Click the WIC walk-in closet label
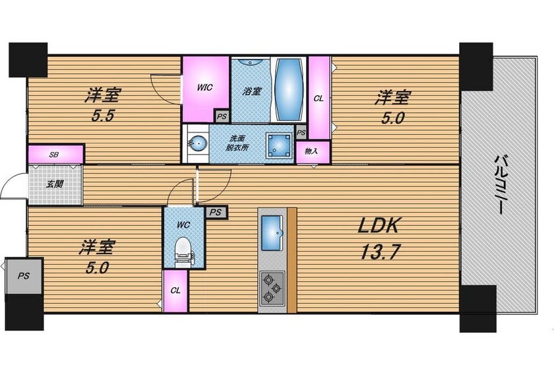click(204, 87)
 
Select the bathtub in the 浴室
click(289, 89)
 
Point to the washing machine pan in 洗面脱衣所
click(279, 145)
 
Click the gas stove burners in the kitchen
click(272, 289)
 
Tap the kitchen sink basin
click(272, 228)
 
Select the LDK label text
click(378, 225)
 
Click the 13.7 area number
click(379, 252)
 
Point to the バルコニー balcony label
click(499, 185)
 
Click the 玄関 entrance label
click(55, 184)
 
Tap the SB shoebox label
click(54, 154)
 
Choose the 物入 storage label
click(311, 151)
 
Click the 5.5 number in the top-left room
click(103, 116)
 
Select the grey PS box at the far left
click(24, 276)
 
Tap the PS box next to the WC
click(216, 213)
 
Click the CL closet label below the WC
click(175, 290)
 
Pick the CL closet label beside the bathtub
click(319, 99)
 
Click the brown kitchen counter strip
click(292, 260)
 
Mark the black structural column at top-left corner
click(28, 59)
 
